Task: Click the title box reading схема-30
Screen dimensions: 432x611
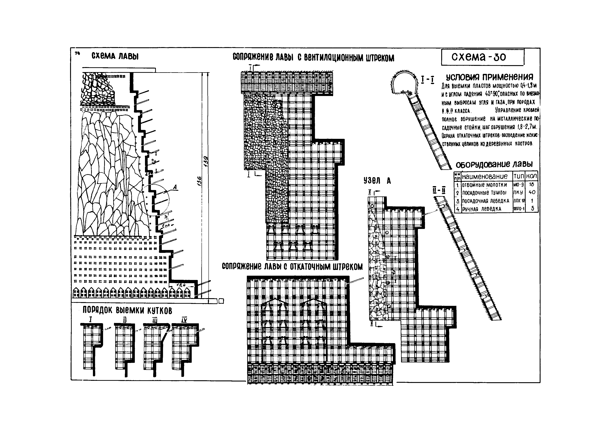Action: coord(482,57)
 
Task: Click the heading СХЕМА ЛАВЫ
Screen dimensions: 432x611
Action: coord(115,56)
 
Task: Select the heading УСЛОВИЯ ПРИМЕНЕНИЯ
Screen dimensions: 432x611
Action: coord(489,77)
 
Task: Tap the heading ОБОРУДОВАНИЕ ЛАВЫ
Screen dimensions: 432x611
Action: coord(494,165)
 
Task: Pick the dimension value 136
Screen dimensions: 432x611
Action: coord(200,181)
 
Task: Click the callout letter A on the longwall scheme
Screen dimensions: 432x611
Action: coord(175,188)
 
